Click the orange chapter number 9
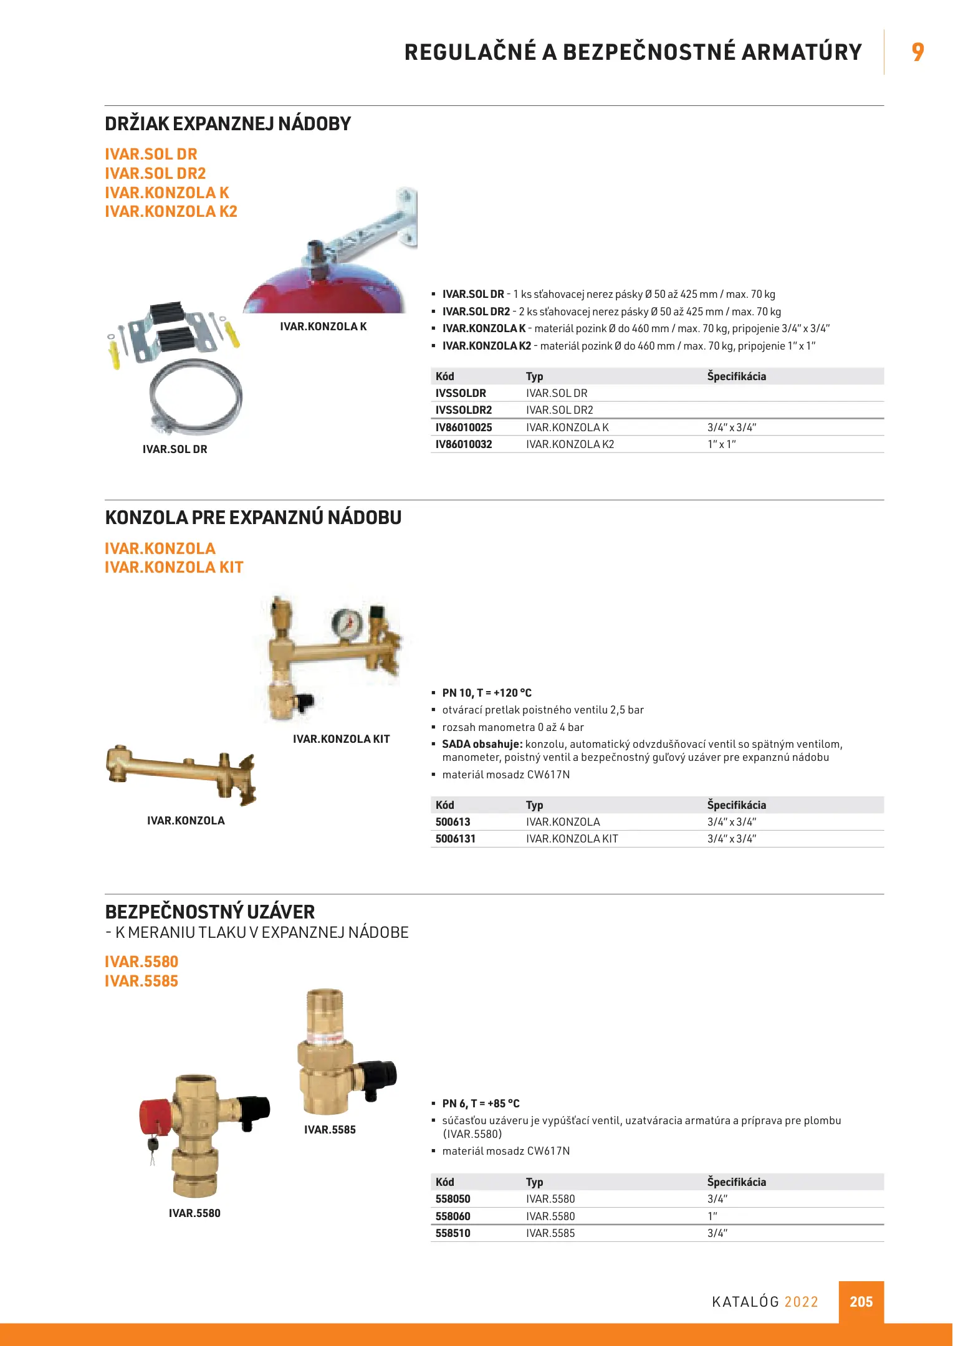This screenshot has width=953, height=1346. (917, 52)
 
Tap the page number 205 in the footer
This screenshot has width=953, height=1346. (861, 1302)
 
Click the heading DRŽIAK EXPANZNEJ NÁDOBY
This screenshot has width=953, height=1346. (227, 123)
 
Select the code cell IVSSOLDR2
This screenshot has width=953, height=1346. (464, 410)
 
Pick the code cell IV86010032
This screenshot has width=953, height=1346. (464, 444)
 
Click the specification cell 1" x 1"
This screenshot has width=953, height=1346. (721, 444)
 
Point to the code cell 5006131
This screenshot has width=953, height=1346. (456, 839)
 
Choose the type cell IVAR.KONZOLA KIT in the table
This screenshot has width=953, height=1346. (572, 839)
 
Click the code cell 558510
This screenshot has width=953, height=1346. (453, 1233)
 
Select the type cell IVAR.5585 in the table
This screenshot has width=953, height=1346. (550, 1233)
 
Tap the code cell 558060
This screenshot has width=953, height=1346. (453, 1216)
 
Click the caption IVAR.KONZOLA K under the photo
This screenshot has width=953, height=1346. (323, 327)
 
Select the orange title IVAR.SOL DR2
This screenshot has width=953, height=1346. (155, 173)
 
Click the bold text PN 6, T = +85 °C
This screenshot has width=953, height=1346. (481, 1104)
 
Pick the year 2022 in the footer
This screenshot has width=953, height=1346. (801, 1302)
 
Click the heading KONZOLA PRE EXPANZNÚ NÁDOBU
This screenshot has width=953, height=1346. (253, 517)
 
